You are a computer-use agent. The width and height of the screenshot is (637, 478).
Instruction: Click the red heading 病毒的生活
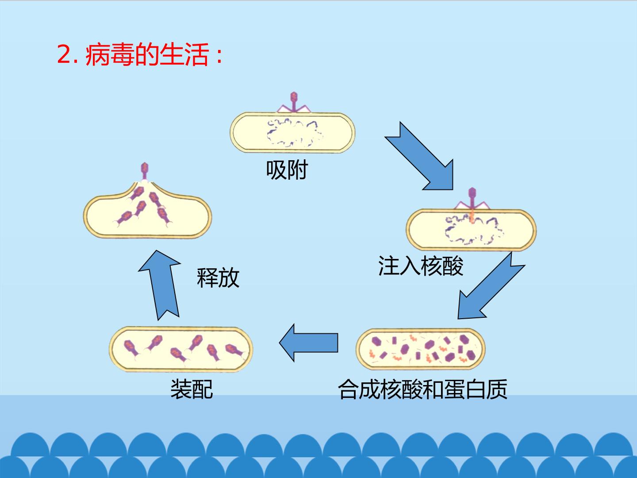(147, 54)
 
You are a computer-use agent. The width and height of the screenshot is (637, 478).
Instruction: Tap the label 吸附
(287, 170)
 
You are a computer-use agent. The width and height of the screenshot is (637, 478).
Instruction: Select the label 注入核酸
(421, 266)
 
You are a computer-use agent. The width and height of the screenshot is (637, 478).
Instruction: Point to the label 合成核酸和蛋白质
(423, 389)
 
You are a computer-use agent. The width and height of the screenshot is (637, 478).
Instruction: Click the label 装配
(192, 389)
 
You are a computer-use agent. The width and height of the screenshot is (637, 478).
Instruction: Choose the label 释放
(218, 278)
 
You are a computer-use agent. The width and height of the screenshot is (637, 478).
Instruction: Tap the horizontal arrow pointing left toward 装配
(308, 343)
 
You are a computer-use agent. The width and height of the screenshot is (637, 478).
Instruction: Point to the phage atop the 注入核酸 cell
(472, 199)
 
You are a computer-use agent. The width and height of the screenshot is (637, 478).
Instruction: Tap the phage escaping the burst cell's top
(145, 171)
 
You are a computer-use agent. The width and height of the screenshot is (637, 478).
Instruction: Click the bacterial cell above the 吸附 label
(292, 132)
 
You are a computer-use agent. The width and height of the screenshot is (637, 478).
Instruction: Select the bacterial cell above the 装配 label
(181, 349)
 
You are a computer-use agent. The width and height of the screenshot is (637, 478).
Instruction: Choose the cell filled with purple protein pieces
(421, 349)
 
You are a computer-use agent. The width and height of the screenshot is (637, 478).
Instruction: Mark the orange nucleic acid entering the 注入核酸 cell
(472, 216)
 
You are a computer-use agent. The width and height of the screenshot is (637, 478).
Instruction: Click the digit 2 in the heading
(64, 54)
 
